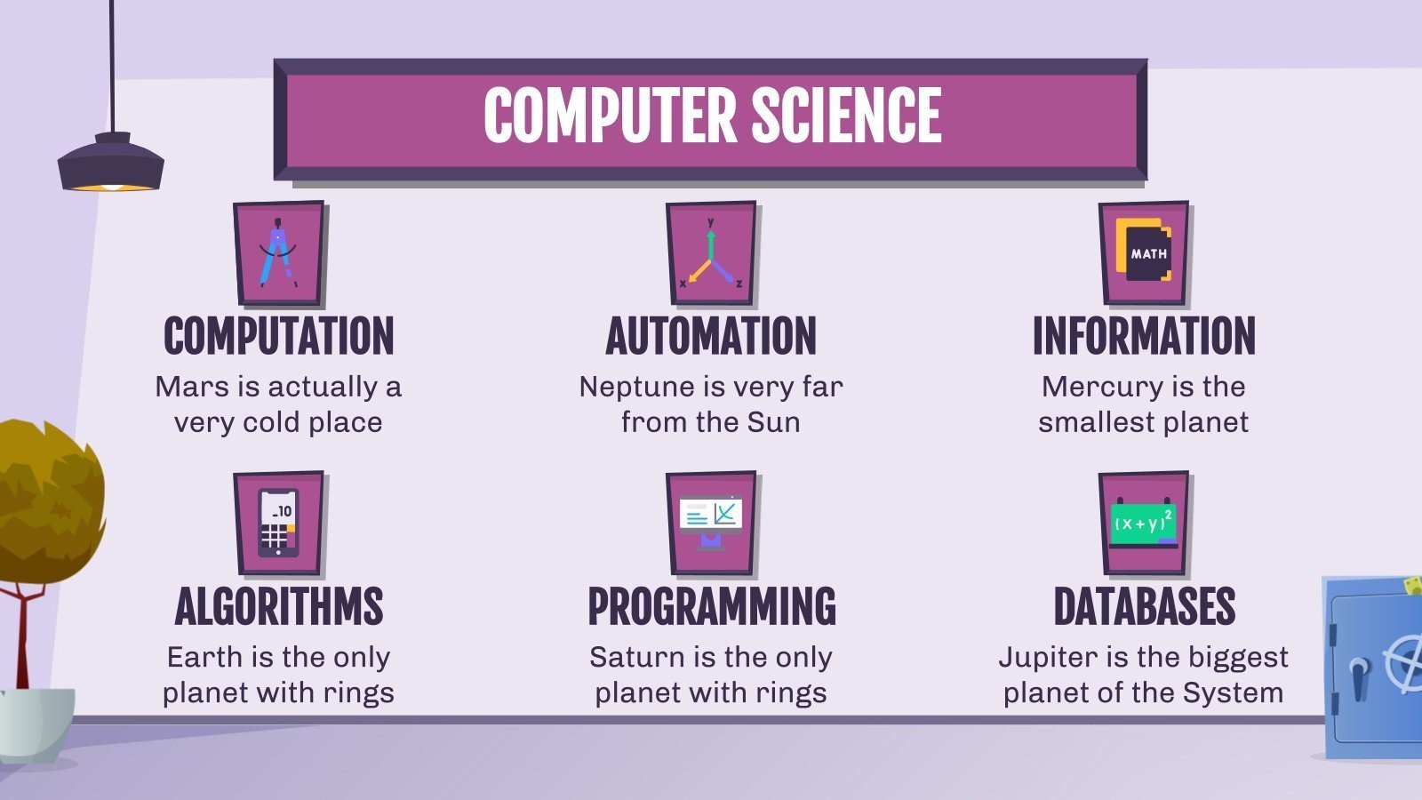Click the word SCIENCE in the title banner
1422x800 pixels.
[846, 116]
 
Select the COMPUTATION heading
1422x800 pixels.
[278, 336]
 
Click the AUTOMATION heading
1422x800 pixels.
[711, 336]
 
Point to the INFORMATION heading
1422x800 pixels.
[1144, 336]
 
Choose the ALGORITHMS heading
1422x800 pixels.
[278, 606]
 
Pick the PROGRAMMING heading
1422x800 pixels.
[711, 606]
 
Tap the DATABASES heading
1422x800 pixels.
[1144, 606]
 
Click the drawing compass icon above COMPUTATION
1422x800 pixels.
[278, 253]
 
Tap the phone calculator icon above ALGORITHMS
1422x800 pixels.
[278, 524]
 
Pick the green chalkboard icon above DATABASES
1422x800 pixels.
[1144, 524]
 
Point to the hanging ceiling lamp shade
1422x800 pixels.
[111, 164]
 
